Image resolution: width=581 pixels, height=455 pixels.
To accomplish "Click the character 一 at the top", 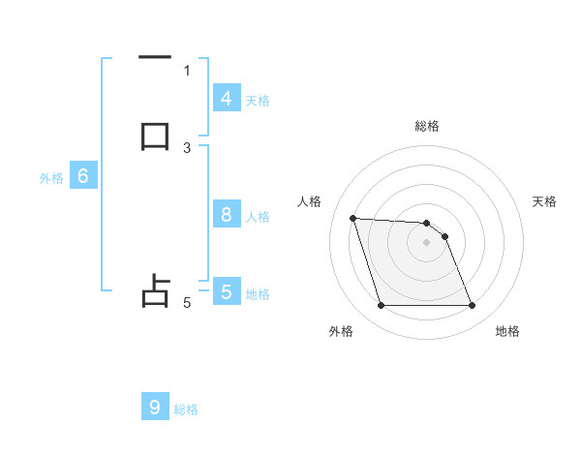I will pos(155,58).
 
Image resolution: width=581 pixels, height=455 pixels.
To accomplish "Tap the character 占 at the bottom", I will pos(155,291).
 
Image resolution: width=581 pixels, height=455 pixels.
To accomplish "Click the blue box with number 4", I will pos(226,99).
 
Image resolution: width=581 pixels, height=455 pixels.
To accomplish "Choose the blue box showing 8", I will pos(226,215).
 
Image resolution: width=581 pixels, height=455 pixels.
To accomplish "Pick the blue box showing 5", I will pos(226,291).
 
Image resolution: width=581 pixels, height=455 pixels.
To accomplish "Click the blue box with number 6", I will pos(83,176).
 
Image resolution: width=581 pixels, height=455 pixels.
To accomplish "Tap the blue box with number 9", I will pos(155,408).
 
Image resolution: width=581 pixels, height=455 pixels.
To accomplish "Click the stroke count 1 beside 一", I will pos(187,70).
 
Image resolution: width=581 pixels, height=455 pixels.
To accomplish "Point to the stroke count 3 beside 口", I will pos(187,147).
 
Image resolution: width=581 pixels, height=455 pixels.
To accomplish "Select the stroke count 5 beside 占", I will pos(187,303).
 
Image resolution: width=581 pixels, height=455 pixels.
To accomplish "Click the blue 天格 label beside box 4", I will pos(258,100).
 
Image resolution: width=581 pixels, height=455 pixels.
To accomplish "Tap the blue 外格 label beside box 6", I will pos(51,178).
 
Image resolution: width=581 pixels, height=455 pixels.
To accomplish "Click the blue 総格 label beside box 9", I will pos(186,409).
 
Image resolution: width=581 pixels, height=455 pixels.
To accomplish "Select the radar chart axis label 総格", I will pos(427,126).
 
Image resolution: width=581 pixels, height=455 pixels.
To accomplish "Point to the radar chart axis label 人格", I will pos(310,201).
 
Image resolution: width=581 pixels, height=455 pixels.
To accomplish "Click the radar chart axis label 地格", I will pos(507,331).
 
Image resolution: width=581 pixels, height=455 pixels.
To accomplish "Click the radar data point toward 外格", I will pos(381,306).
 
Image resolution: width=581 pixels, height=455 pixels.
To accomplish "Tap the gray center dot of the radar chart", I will pos(427,243).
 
